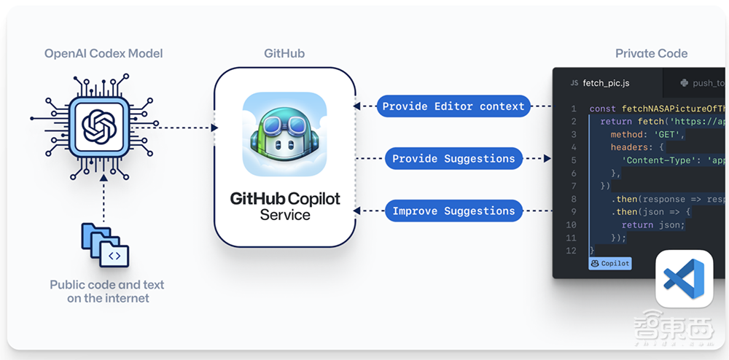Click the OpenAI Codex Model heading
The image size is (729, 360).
[104, 53]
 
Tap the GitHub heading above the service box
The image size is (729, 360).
[284, 53]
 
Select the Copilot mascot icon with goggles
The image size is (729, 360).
[285, 133]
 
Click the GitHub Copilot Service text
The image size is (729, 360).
[285, 206]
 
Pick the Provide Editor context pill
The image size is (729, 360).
[453, 106]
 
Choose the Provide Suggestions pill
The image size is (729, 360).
[453, 159]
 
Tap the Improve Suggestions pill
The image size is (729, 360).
[453, 211]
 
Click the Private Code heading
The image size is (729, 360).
[651, 53]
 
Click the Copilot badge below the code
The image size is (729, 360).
[610, 263]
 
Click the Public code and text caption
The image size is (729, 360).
[107, 291]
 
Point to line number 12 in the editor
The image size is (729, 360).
[571, 251]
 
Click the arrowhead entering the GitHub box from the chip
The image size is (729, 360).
[214, 128]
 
